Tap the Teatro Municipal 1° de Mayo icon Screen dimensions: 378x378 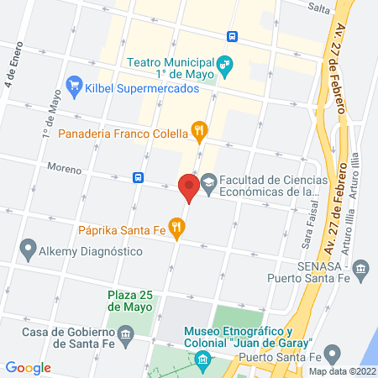(224, 64)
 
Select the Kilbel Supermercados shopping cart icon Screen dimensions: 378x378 (74, 85)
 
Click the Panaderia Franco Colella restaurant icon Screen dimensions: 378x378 (199, 130)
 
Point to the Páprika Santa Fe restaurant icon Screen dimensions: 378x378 (176, 225)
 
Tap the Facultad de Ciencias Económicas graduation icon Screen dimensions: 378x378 (207, 181)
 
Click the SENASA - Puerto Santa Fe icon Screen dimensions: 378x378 (361, 268)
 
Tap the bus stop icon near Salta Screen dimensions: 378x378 (232, 36)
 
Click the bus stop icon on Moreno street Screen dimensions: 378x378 (137, 177)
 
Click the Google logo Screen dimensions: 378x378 (28, 367)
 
